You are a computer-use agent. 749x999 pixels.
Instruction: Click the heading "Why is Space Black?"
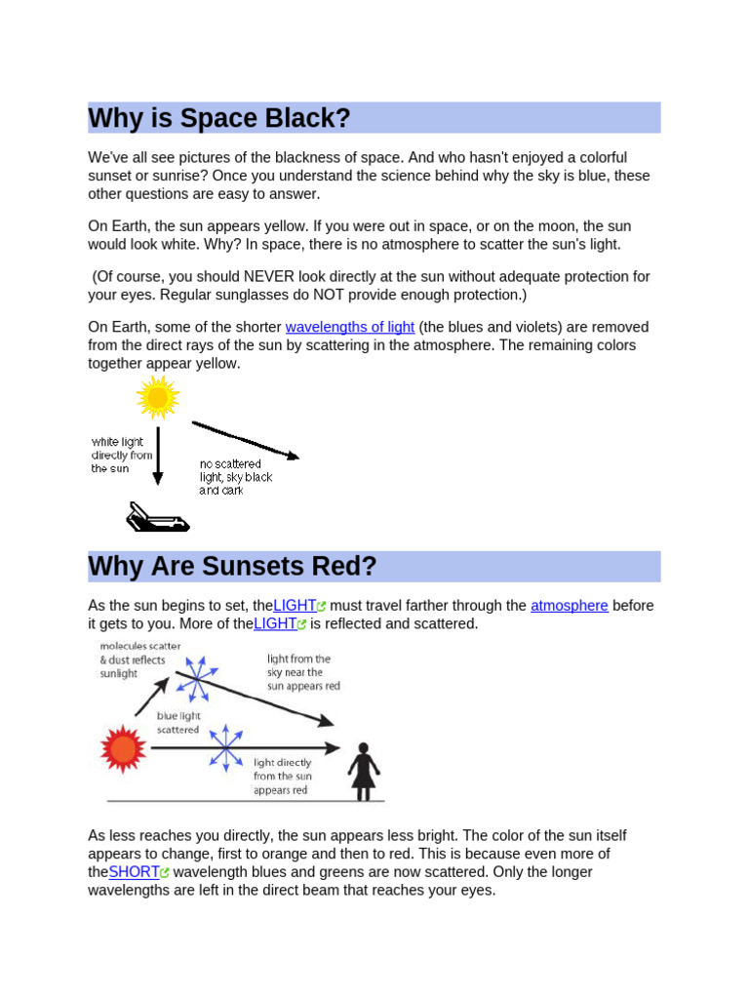click(219, 119)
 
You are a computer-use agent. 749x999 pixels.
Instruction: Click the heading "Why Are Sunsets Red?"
click(232, 567)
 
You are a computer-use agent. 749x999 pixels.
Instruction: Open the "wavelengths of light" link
click(350, 327)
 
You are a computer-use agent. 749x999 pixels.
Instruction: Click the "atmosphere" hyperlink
click(570, 606)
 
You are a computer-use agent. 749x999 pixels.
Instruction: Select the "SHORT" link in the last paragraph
click(135, 872)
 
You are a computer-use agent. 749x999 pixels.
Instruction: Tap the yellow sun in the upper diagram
click(157, 397)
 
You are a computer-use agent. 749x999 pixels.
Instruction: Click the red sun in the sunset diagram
click(124, 749)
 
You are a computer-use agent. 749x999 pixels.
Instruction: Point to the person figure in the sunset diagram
click(364, 771)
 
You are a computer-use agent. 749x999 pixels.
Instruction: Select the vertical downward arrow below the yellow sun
click(158, 455)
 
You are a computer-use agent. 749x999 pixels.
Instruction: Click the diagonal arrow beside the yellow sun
click(246, 440)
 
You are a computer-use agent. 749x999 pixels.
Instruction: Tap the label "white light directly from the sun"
click(122, 456)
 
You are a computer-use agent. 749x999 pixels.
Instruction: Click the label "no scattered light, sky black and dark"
click(235, 477)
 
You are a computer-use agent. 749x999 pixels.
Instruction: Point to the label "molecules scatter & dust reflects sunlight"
click(139, 659)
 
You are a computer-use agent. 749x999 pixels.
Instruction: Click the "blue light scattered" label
click(178, 723)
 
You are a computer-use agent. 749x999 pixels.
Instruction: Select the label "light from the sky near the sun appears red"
click(303, 672)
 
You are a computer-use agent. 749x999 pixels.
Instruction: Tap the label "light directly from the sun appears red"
click(283, 777)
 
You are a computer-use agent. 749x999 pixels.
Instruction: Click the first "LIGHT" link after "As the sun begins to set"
click(295, 606)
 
